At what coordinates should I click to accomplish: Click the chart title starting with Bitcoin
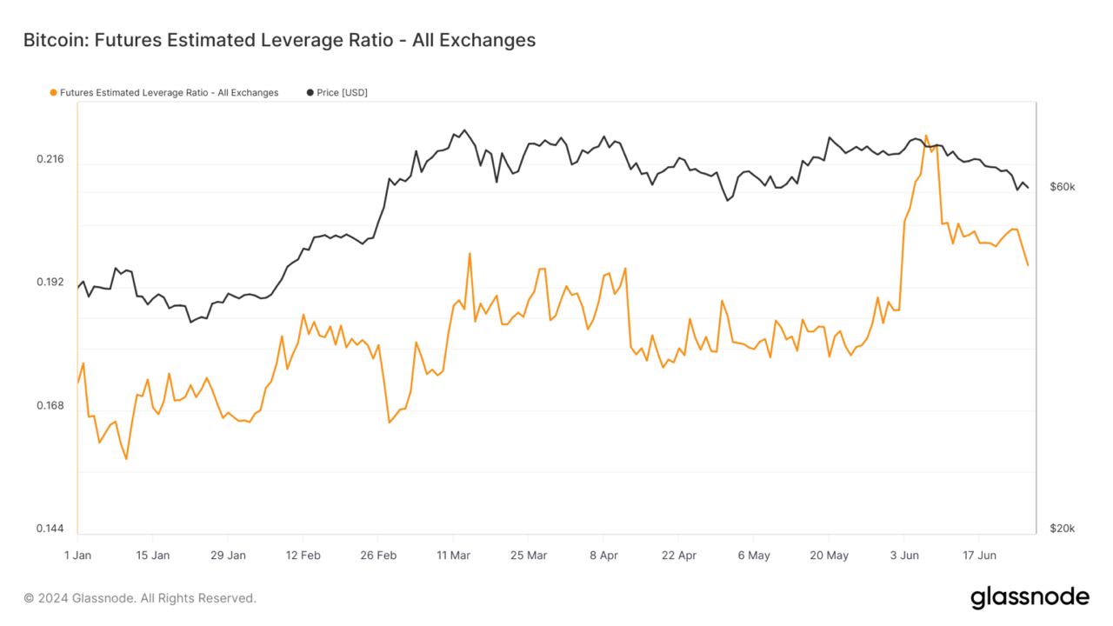point(279,40)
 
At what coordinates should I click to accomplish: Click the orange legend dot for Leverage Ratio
point(54,92)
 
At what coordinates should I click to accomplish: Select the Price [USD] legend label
point(342,92)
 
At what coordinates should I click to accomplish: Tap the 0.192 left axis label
point(50,283)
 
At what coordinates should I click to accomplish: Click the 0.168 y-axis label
point(50,406)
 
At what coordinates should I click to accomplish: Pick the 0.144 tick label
point(50,529)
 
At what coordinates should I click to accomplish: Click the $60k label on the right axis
point(1063,187)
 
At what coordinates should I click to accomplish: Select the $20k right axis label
point(1063,529)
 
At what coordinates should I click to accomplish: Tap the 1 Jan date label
point(77,555)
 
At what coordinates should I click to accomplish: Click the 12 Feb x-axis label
point(303,555)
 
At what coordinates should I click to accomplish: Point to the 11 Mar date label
point(453,555)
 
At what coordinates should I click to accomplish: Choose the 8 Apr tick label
point(603,555)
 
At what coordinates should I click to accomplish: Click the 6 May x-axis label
point(753,555)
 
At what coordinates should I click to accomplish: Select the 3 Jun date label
point(903,555)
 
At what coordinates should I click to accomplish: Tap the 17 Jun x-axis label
point(978,555)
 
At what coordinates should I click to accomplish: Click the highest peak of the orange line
point(926,136)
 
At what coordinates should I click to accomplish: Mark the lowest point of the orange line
point(126,459)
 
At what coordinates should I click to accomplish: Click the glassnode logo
point(1029,597)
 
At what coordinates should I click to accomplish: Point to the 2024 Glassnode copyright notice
point(140,598)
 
